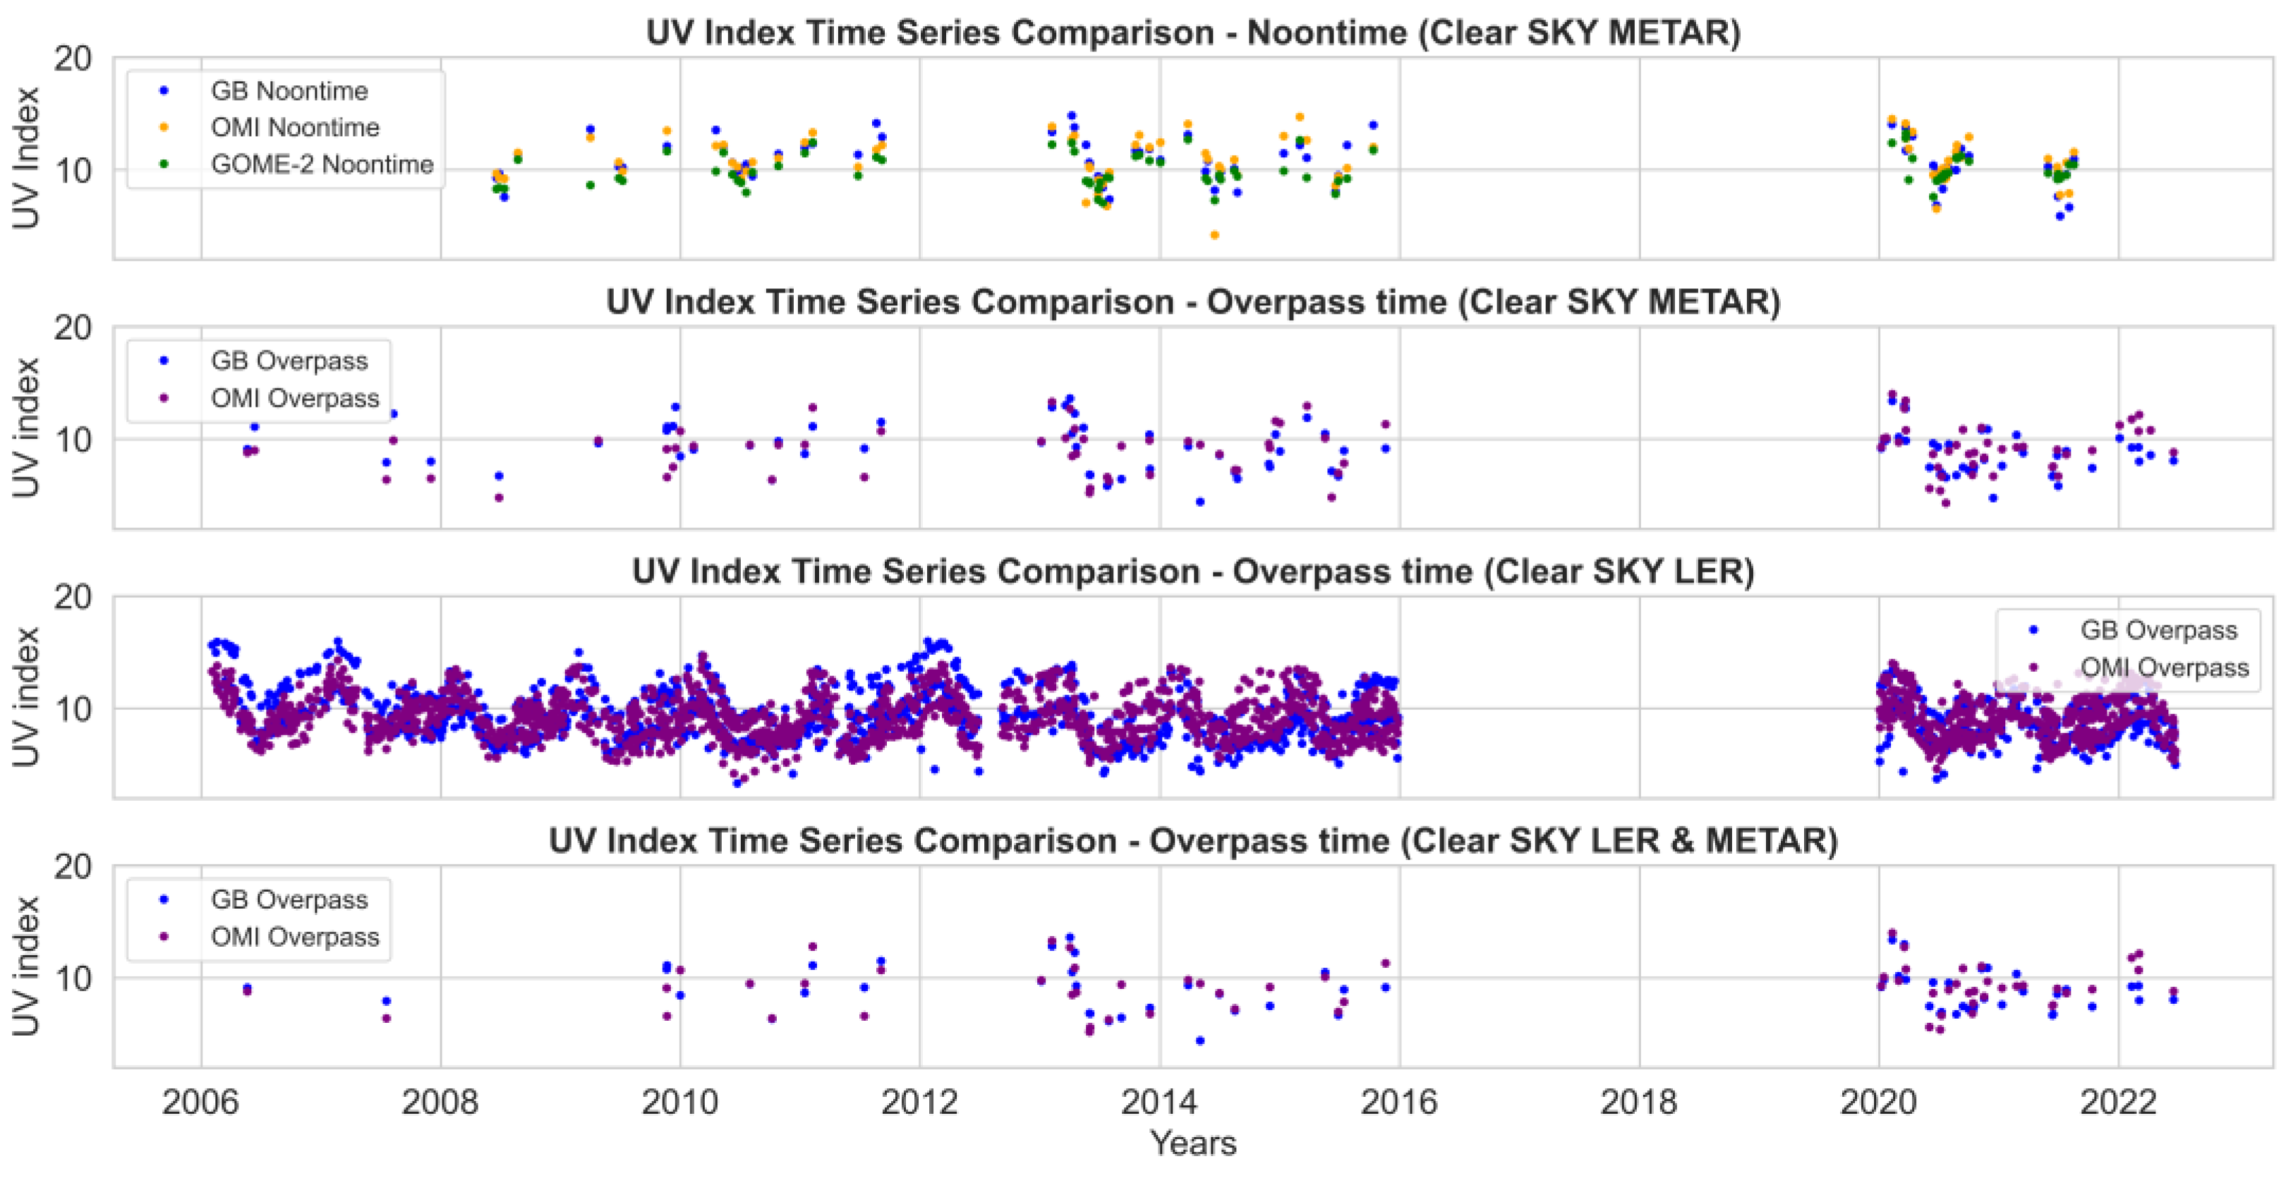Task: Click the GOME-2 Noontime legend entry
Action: [321, 165]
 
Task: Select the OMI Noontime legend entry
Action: [295, 128]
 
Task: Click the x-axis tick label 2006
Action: [200, 1103]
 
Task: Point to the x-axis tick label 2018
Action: [1638, 1103]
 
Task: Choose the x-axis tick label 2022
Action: [2117, 1103]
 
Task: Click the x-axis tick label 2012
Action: [919, 1103]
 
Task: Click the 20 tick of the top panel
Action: [73, 59]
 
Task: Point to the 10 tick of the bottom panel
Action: [73, 978]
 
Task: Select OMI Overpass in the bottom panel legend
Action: [295, 937]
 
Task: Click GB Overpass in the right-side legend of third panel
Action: [2158, 631]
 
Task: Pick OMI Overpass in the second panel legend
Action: [295, 398]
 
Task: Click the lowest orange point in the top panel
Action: [1214, 235]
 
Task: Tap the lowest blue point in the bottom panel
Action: [1199, 1040]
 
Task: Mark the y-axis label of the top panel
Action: [27, 158]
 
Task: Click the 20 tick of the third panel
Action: [73, 597]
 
